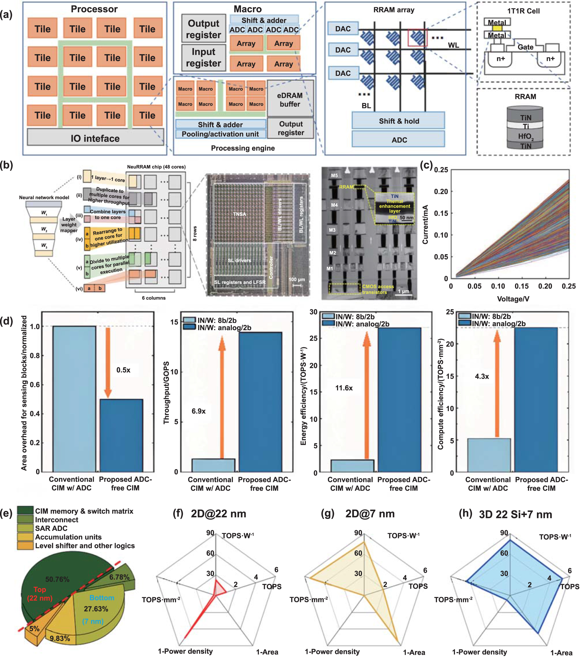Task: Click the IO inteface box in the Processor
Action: pyautogui.click(x=95, y=138)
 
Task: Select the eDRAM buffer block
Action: pyautogui.click(x=290, y=100)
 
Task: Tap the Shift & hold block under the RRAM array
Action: pyautogui.click(x=399, y=121)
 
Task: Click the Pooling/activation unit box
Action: pyautogui.click(x=220, y=134)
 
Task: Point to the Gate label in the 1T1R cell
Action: pyautogui.click(x=526, y=47)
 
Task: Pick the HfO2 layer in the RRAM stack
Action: pyautogui.click(x=525, y=136)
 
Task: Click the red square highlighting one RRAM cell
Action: pyautogui.click(x=418, y=38)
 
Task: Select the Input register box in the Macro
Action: pyautogui.click(x=203, y=58)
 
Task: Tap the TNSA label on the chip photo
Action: pyautogui.click(x=239, y=214)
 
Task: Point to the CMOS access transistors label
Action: pyautogui.click(x=378, y=289)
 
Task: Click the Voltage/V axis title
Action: pyautogui.click(x=513, y=299)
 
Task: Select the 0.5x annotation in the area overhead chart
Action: pyautogui.click(x=123, y=370)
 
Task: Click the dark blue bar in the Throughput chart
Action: pyautogui.click(x=260, y=402)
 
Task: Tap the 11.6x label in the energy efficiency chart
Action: pyautogui.click(x=344, y=388)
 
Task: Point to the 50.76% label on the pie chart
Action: pyautogui.click(x=57, y=579)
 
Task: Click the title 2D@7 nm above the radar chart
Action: pyautogui.click(x=370, y=514)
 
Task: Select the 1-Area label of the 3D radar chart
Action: pyautogui.click(x=561, y=653)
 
